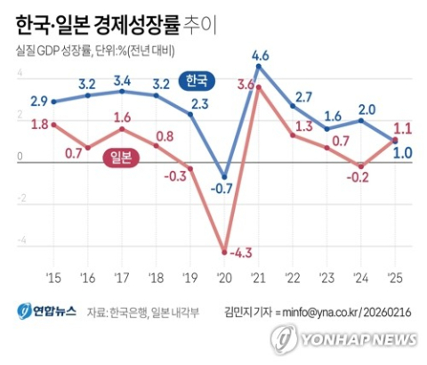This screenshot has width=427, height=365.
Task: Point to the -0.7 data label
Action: [x=224, y=188]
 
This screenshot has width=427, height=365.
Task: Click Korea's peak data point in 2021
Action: [x=259, y=67]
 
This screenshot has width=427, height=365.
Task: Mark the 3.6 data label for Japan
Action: [x=246, y=85]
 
